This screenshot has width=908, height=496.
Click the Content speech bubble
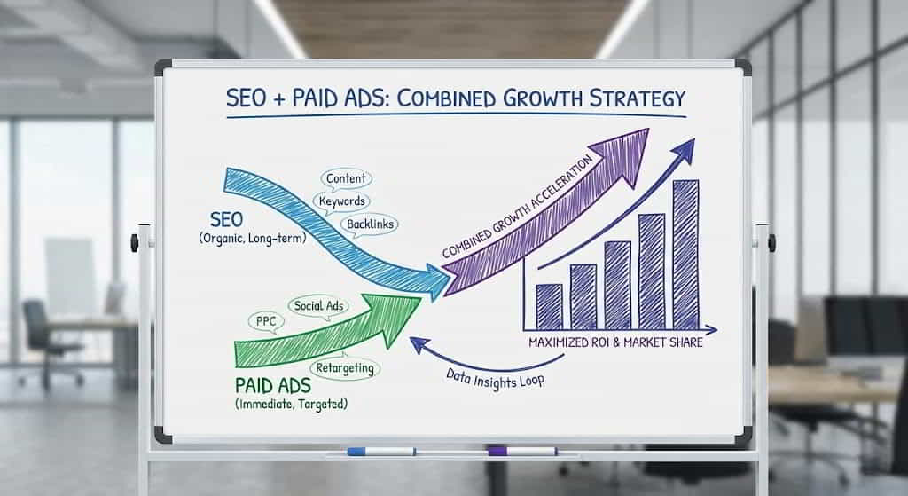coord(346,179)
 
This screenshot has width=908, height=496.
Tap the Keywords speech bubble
coord(341,201)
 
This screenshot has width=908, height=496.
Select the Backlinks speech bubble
coord(370,224)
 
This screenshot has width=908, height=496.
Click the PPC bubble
coord(266,321)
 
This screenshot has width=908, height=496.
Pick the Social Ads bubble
coord(318,306)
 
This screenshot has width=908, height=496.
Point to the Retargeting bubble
coord(345,368)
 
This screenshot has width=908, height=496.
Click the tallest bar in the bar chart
coord(685,255)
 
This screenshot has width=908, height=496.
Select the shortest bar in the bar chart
coord(549,306)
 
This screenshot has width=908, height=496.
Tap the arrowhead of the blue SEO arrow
coord(438,281)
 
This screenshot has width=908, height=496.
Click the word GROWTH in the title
coord(542,98)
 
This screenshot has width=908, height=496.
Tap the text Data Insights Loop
coord(495,379)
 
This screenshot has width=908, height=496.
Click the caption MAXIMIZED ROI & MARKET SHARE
coord(615,342)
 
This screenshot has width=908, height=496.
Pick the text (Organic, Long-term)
coord(253,238)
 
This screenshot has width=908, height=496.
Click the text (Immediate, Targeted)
coord(291,404)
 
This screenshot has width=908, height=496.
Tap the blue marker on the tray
coord(381,452)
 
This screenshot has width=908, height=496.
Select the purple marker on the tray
coord(523,451)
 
